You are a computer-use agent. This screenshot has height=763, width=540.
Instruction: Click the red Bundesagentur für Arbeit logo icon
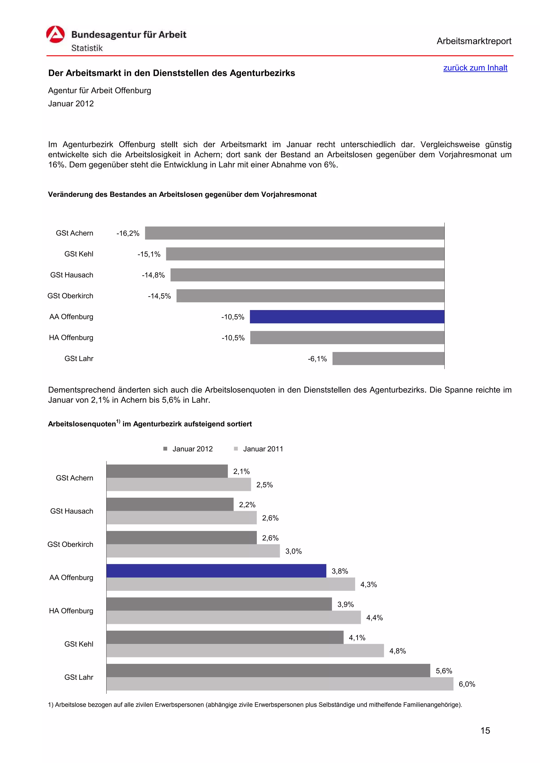55,34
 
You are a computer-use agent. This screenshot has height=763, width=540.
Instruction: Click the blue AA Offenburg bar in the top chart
347,317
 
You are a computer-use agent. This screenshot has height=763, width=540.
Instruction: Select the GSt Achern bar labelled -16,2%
295,233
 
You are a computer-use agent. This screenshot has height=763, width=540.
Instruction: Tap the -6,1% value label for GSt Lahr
317,359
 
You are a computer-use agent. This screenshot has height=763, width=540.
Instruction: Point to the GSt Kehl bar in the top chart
305,254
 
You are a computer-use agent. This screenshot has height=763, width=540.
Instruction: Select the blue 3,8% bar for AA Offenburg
216,571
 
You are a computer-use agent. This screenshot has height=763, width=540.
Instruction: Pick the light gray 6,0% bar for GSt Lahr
279,684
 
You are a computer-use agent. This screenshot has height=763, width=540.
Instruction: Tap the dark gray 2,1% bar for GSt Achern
167,471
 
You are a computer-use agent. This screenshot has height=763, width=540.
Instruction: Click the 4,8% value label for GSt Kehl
398,651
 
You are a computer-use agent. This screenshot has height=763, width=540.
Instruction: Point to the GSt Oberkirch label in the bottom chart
70,544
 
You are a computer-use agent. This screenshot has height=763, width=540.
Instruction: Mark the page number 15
485,730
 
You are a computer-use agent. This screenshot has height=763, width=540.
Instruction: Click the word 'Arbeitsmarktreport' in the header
474,41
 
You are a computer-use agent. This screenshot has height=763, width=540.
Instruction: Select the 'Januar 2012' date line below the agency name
71,104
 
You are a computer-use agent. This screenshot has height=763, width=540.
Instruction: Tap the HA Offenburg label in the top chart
71,338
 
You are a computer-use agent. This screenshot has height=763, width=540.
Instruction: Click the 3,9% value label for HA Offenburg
345,605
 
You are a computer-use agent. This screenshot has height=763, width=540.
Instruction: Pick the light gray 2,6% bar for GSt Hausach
181,518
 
